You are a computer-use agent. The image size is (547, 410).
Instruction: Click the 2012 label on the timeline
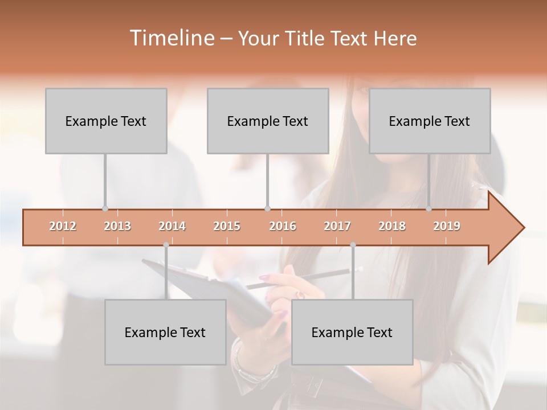63,226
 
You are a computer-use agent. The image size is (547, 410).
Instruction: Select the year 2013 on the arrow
117,226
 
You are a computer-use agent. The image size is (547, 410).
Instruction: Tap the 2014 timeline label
172,226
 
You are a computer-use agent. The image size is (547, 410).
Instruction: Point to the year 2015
227,226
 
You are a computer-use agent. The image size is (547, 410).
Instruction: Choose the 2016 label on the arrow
283,226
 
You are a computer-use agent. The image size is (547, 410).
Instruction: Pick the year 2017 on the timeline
337,226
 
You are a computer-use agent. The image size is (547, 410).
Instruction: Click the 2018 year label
392,226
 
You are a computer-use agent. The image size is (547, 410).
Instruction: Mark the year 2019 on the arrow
447,226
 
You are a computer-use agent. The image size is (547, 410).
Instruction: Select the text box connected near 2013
106,121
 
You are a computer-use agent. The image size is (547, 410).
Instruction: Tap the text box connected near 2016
268,121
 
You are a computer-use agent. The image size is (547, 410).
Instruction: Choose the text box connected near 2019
430,121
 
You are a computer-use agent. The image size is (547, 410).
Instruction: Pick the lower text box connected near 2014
165,332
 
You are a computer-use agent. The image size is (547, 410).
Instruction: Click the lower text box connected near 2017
352,332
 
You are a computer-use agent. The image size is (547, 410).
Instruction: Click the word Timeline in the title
171,38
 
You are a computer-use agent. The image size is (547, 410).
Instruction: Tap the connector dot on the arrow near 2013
105,208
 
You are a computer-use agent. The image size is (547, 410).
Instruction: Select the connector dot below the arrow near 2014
166,245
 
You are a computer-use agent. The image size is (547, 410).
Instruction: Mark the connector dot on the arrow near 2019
429,208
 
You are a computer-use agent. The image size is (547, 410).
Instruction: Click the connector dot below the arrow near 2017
353,245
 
